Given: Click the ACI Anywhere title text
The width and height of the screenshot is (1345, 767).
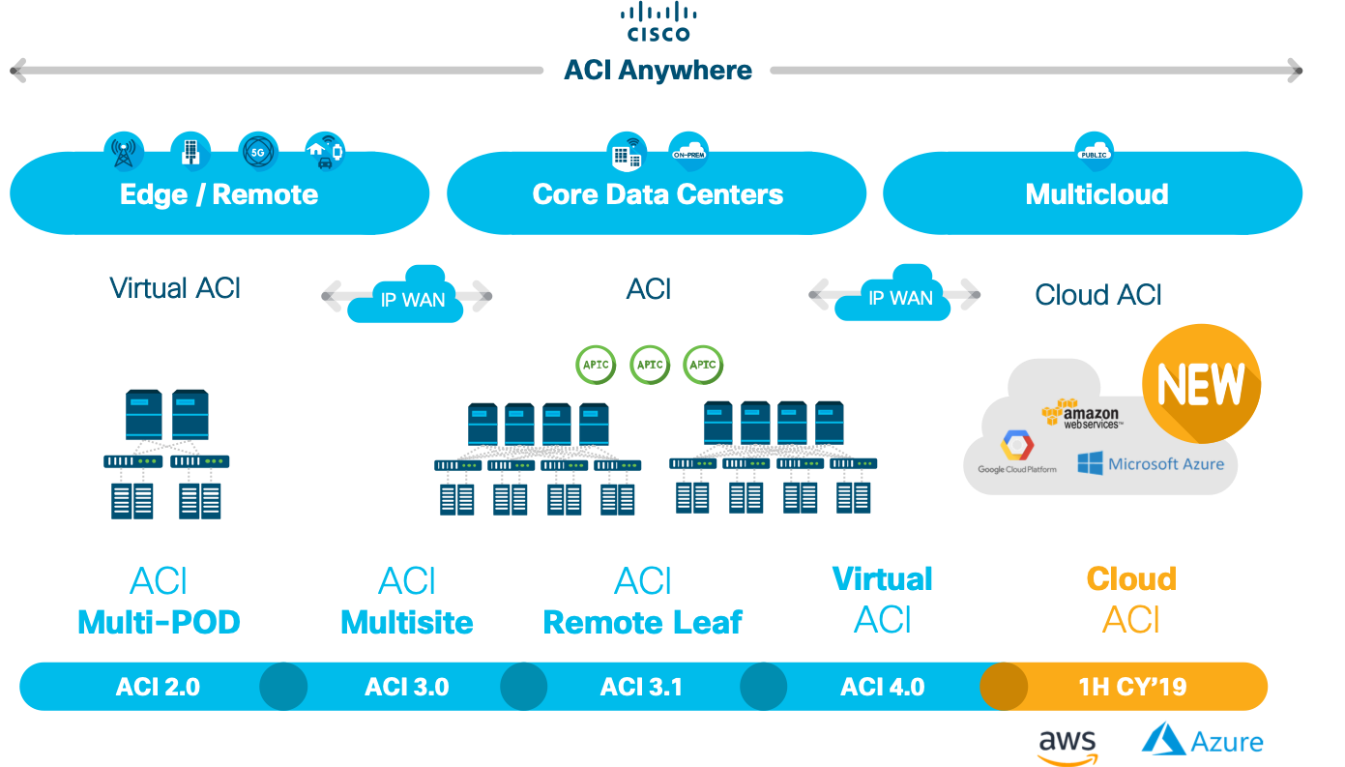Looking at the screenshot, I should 658,71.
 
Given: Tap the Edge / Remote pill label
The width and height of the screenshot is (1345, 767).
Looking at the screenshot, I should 219,194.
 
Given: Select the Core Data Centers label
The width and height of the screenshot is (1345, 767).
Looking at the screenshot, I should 658,194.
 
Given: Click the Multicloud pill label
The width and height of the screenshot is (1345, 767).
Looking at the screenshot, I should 1096,194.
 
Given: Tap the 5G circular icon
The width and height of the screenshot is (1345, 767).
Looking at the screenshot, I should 257,152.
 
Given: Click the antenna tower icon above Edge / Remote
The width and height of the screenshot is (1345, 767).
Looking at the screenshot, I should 124,152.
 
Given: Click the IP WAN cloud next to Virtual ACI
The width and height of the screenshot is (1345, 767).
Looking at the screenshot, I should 410,295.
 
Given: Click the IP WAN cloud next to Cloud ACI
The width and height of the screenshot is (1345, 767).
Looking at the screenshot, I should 899,295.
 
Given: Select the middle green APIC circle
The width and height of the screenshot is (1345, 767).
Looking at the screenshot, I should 650,365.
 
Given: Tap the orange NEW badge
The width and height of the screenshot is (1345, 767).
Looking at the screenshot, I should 1201,384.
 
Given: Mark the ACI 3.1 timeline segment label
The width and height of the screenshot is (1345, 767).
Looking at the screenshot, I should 641,688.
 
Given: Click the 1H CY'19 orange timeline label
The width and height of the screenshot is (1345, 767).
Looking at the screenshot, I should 1132,688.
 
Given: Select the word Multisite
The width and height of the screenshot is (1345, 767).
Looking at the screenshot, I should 407,622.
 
